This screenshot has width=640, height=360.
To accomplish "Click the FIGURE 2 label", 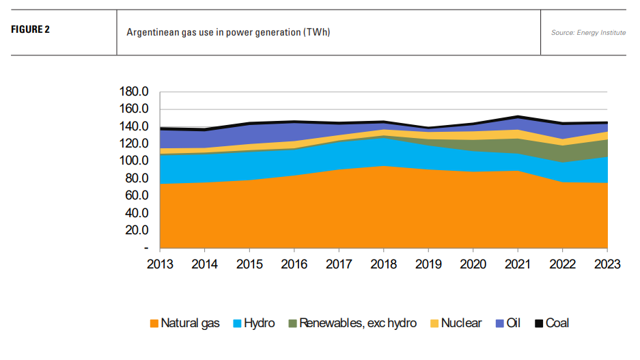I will [x=31, y=30].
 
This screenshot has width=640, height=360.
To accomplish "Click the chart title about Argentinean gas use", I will [x=228, y=32].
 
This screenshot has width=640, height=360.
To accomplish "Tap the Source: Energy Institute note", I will [x=588, y=33].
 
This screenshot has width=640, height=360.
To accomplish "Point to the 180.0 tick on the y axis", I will [x=133, y=92].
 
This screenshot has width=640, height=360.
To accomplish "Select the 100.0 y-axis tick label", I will [x=133, y=161].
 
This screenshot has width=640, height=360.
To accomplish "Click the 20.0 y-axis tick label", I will [x=136, y=230].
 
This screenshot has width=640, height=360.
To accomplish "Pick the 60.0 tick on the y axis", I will [x=136, y=196].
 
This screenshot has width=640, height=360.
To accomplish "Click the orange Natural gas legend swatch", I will [x=154, y=323].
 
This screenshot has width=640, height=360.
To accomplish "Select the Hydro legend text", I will [x=259, y=323].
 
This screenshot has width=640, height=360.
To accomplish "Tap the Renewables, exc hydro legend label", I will [x=357, y=323].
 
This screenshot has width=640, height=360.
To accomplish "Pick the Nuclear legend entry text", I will [x=461, y=323].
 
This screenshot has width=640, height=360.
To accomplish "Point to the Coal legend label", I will [x=557, y=323].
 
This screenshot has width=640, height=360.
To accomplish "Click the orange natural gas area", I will [x=342, y=212].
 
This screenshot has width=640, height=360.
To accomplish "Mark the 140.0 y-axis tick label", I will [x=133, y=126].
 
